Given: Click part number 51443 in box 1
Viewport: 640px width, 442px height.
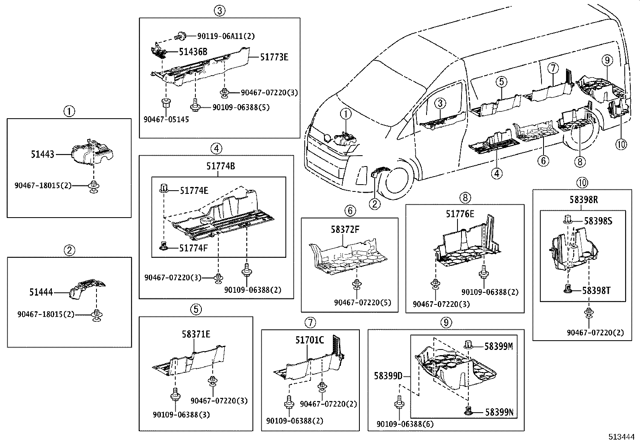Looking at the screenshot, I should (42, 154).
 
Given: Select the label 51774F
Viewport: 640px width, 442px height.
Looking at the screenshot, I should (193, 248).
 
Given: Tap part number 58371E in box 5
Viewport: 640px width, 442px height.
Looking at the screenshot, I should (195, 334).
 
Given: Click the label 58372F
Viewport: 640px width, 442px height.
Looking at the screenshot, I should (345, 230).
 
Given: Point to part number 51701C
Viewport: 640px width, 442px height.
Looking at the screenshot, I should (310, 340).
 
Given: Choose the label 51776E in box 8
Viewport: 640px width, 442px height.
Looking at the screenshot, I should (459, 214).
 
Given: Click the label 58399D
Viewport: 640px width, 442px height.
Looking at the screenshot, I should (388, 376).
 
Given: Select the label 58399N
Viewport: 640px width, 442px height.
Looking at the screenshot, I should (498, 412).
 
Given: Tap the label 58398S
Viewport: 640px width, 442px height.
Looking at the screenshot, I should (598, 221).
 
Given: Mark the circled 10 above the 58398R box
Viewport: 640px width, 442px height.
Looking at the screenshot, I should (582, 183).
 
